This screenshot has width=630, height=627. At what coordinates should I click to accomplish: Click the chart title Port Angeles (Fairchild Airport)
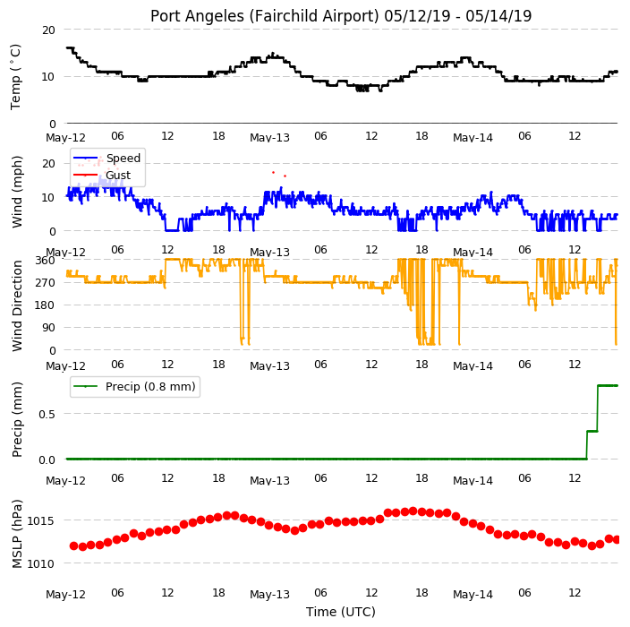pos(265,16)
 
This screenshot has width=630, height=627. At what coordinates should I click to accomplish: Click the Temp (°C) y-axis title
pos(15,77)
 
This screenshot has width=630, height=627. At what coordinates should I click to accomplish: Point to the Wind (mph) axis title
pos(16,192)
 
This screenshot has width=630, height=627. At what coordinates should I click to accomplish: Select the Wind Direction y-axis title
pos(16,305)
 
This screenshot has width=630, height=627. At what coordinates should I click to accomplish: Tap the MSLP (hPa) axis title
pos(16,534)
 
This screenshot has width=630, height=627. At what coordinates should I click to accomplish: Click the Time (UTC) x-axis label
pos(341,612)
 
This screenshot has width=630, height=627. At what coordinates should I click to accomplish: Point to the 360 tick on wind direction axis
pos(45,261)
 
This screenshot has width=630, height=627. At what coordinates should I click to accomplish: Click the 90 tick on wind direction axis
pos(48,328)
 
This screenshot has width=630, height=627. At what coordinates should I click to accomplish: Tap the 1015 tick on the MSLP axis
pos(40,521)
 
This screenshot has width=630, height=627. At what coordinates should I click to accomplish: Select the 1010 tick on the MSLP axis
pos(40,564)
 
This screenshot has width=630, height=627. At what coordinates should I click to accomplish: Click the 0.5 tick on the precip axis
pos(47,414)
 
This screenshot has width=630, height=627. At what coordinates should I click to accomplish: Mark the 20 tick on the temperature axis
pos(48,30)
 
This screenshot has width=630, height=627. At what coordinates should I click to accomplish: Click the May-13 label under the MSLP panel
pos(269,595)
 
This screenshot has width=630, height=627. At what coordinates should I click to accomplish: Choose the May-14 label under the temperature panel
pos(472,138)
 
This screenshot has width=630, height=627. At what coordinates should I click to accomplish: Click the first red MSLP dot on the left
pos(74,545)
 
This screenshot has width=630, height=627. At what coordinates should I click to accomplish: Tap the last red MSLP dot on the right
pos(617,539)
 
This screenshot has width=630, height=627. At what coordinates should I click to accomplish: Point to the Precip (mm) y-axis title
pos(16,419)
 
